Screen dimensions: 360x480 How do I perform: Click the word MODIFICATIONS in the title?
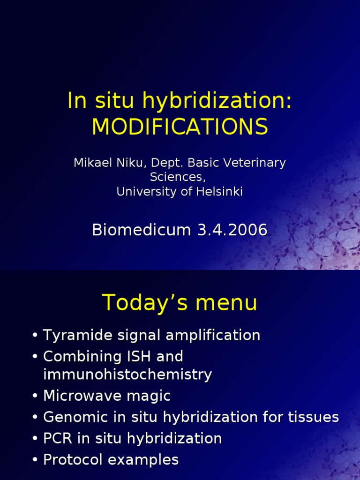click(x=180, y=127)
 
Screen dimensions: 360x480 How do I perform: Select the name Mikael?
click(x=93, y=163)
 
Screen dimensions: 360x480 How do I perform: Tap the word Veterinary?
click(x=255, y=163)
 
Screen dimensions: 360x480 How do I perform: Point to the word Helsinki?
click(x=219, y=192)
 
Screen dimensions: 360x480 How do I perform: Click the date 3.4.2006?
click(x=232, y=230)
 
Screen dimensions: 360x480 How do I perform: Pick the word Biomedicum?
click(x=142, y=230)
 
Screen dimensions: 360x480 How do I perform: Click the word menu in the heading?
click(x=226, y=303)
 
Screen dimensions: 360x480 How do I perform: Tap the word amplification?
click(x=213, y=335)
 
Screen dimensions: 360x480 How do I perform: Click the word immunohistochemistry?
click(x=127, y=375)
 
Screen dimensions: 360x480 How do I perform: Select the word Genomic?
click(x=75, y=417)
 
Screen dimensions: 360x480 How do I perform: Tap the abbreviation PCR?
click(x=57, y=438)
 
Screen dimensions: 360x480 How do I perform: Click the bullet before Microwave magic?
click(x=35, y=396)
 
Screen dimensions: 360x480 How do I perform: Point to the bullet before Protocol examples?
click(x=35, y=460)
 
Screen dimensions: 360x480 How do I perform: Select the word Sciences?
click(x=178, y=177)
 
